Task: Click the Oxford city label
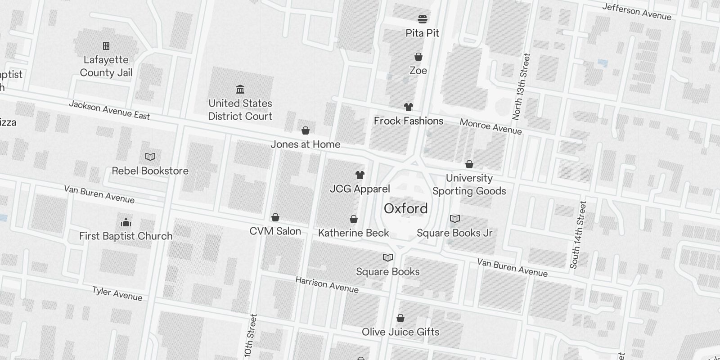[405, 209]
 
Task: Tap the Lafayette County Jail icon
[106, 46]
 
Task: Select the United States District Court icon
[240, 89]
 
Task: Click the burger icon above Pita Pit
[422, 19]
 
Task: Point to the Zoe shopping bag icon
[418, 57]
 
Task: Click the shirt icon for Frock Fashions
[408, 107]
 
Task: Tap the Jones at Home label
[305, 144]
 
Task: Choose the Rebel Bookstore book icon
[150, 157]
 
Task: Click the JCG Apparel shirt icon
[360, 175]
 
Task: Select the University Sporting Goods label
[469, 184]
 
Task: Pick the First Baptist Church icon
[126, 222]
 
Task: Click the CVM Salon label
[275, 231]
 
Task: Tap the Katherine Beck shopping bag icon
[354, 219]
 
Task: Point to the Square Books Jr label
[454, 233]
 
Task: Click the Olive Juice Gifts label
[400, 332]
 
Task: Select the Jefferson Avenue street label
[636, 12]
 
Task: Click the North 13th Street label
[522, 86]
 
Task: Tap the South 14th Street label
[578, 235]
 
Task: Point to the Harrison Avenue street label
[327, 285]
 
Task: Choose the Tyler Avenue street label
[117, 293]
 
